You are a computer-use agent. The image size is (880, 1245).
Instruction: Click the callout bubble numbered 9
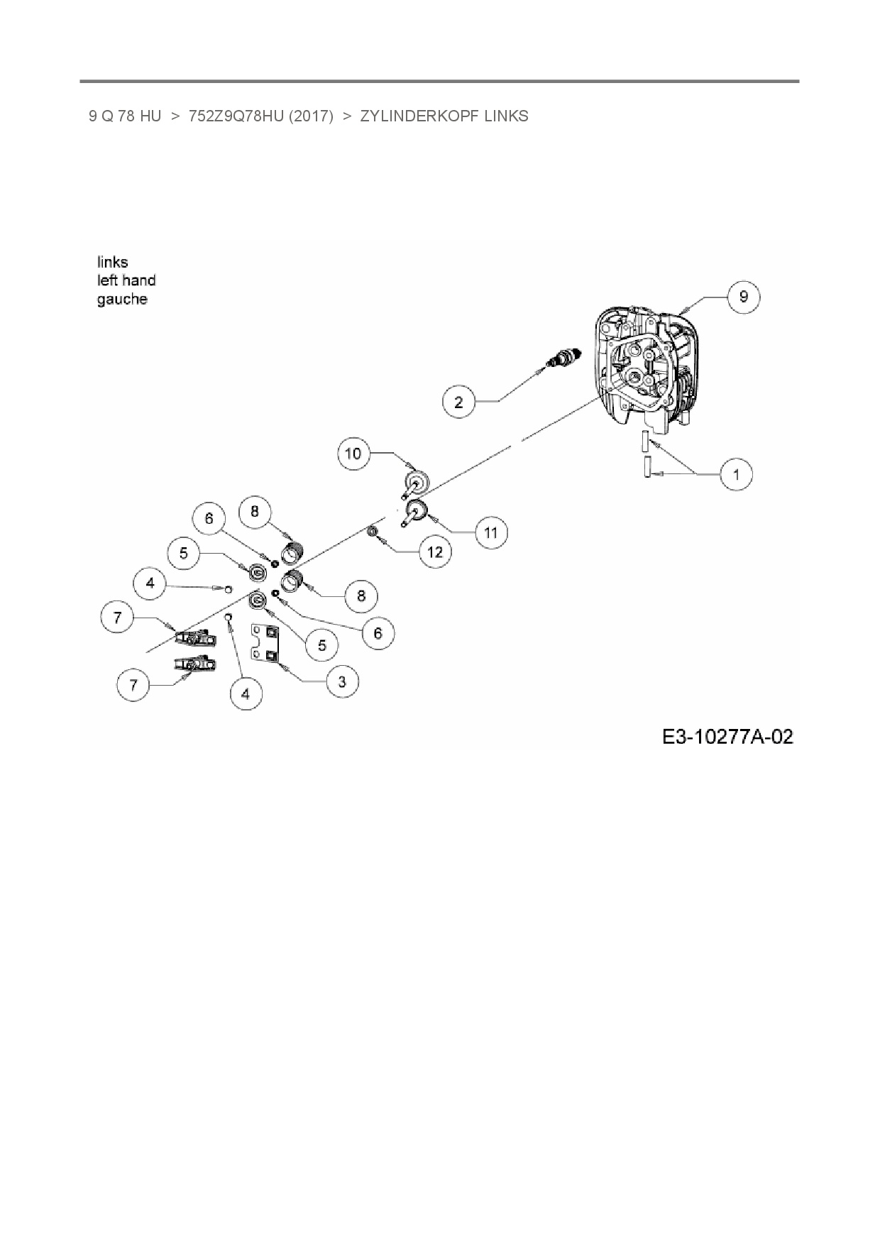(743, 296)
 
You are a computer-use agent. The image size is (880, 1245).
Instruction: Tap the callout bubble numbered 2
(458, 402)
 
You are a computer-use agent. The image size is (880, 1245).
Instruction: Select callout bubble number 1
(736, 473)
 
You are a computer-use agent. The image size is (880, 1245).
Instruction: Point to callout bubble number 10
(353, 453)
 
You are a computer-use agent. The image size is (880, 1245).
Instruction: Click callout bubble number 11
(491, 532)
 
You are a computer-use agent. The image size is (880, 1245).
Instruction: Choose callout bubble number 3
(342, 681)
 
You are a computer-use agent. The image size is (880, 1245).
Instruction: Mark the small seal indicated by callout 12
(371, 532)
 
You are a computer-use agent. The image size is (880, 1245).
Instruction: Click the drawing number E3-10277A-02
(727, 737)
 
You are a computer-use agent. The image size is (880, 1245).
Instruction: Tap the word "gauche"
(122, 300)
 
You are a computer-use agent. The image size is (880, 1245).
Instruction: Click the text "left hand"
(126, 281)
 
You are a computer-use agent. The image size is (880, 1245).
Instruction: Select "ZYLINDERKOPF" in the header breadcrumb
(419, 116)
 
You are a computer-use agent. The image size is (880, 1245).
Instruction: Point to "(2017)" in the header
(311, 116)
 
